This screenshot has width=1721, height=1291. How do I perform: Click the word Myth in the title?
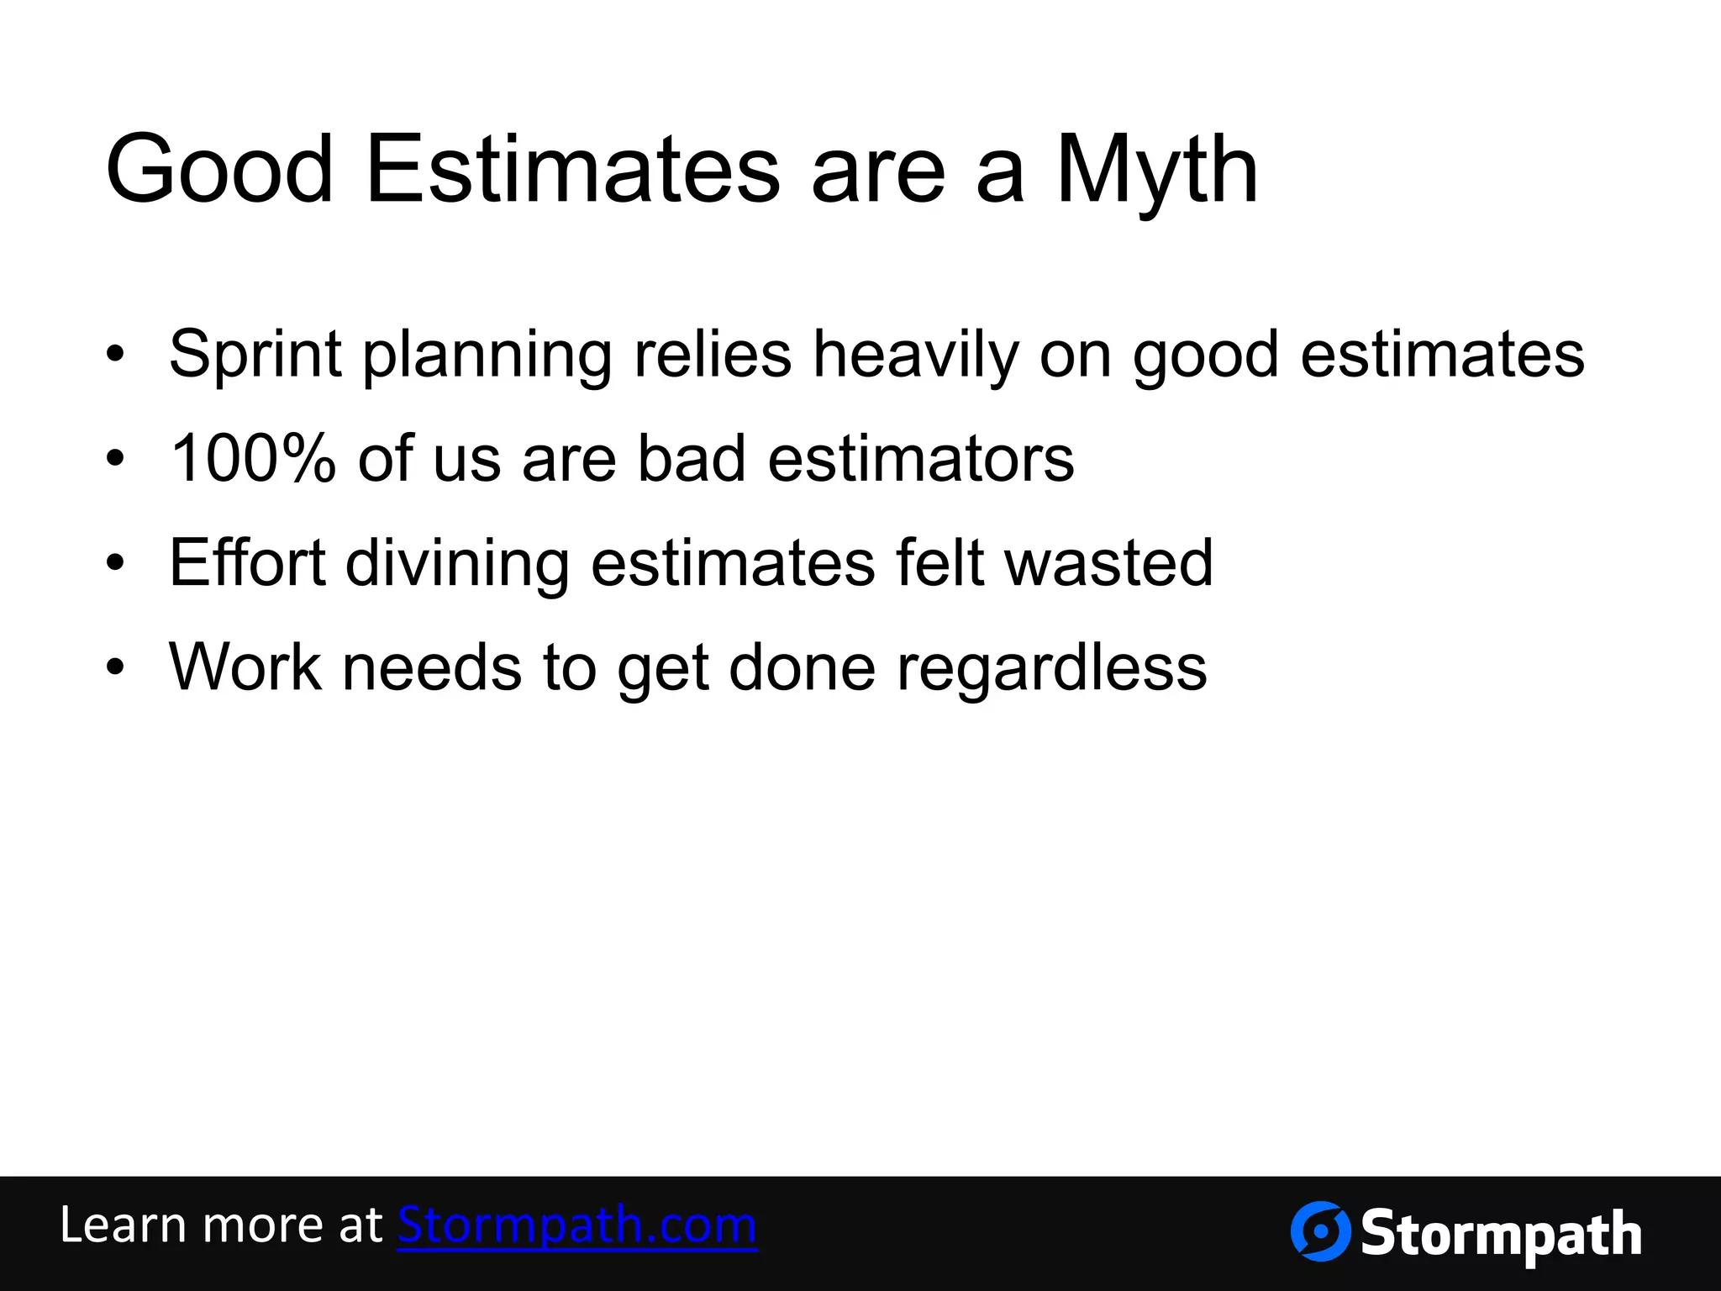1156,171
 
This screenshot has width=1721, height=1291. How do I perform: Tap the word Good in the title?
220,171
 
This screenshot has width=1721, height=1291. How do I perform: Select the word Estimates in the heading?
573,171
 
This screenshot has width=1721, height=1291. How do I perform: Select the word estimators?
921,459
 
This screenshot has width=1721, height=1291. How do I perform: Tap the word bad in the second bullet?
692,459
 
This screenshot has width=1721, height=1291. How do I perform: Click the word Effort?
247,562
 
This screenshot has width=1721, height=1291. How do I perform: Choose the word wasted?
1109,562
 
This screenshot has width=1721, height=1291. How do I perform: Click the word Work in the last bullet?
245,667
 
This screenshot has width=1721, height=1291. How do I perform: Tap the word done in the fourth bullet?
803,667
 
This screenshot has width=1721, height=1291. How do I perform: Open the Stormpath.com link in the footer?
577,1225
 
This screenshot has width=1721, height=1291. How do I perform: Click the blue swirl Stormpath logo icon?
1320,1231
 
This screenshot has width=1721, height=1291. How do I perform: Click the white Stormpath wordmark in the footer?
1501,1235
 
